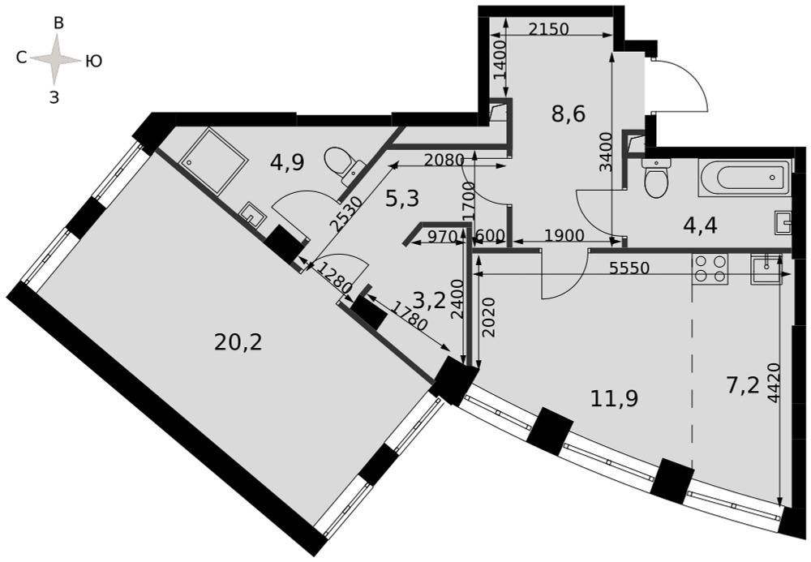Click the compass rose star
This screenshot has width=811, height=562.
coord(55,59)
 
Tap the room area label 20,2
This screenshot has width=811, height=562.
coord(238,341)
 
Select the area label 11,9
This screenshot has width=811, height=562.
coord(615,398)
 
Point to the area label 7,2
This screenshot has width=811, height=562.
coord(743,386)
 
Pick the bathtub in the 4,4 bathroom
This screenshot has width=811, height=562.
coord(744,178)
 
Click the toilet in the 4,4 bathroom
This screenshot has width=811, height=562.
coord(656,178)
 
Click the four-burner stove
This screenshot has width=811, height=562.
coord(710,268)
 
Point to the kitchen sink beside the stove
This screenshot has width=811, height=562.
coord(766,268)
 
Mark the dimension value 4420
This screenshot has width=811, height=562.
coord(774,383)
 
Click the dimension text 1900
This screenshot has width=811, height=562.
coord(564,236)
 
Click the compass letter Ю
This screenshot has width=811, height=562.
coord(93,62)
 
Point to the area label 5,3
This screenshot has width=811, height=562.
coord(402,198)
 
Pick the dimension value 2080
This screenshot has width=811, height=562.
coord(444,161)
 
